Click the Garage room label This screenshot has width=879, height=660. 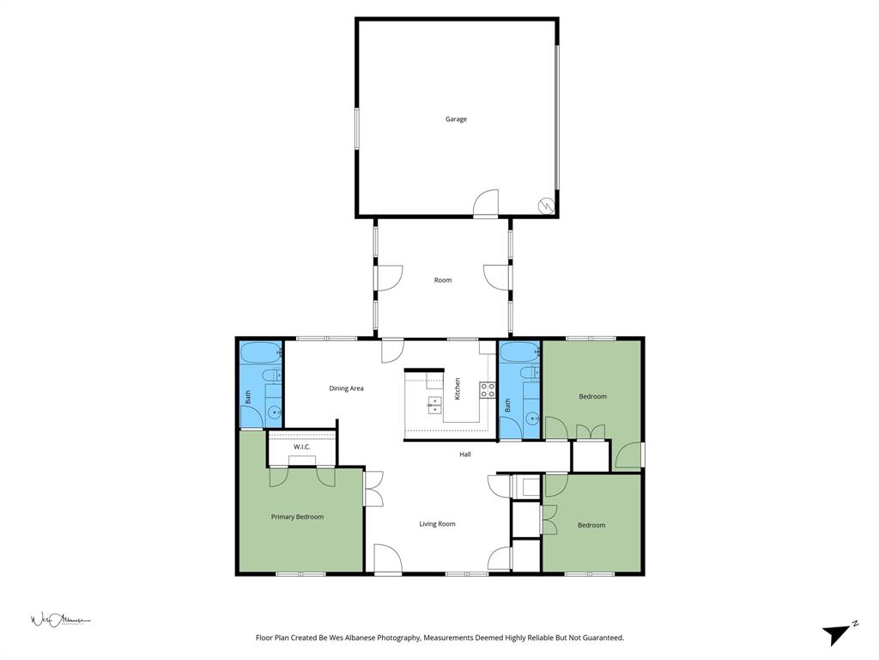456,119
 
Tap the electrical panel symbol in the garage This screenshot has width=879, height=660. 544,205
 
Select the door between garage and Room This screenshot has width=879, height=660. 487,204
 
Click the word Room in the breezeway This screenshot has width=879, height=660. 442,280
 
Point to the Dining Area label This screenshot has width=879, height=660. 347,388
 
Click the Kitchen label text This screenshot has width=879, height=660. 458,388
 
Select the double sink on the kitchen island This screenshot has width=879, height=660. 434,405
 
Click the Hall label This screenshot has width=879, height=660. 464,455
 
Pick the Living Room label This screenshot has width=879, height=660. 437,524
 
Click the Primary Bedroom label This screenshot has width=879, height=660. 297,516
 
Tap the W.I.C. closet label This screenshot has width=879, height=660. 302,447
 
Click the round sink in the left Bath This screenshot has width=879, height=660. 275,413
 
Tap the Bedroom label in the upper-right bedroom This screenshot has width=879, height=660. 592,396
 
